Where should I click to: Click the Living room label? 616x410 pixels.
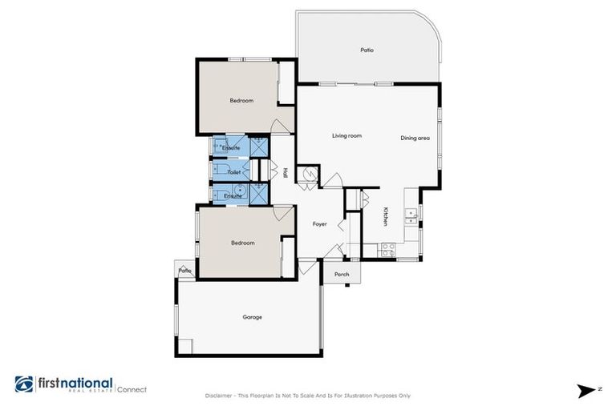pyautogui.click(x=346, y=136)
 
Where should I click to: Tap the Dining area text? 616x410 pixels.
pyautogui.click(x=415, y=139)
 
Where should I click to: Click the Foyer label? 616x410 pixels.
pyautogui.click(x=319, y=223)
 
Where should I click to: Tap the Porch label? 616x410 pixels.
pyautogui.click(x=342, y=275)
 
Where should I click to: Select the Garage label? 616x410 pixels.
pyautogui.click(x=252, y=317)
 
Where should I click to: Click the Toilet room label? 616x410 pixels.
pyautogui.click(x=233, y=172)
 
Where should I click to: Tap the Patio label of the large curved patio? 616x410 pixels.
pyautogui.click(x=367, y=50)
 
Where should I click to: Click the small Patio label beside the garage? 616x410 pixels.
pyautogui.click(x=185, y=271)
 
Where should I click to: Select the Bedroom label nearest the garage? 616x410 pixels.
pyautogui.click(x=242, y=243)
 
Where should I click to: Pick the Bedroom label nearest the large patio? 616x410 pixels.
pyautogui.click(x=241, y=100)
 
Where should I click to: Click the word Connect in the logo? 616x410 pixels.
pyautogui.click(x=132, y=390)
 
